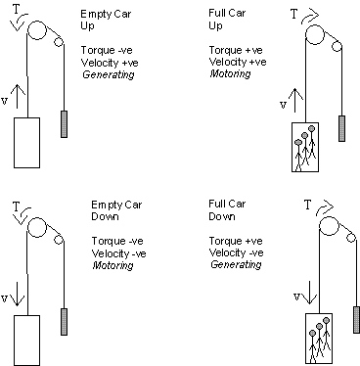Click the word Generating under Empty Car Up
(109, 75)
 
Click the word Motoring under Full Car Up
(230, 73)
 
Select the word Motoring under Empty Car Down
(112, 265)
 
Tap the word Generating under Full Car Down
(236, 264)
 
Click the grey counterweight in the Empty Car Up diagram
(65, 124)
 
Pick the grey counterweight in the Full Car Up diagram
(341, 128)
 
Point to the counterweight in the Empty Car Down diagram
(65, 322)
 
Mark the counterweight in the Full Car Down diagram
(357, 320)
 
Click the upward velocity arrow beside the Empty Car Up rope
(18, 97)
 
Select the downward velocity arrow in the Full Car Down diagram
(309, 293)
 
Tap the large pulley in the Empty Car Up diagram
(37, 30)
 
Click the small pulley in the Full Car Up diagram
(337, 47)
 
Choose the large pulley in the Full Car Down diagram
(329, 226)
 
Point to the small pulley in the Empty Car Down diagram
(59, 240)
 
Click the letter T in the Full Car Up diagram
(294, 14)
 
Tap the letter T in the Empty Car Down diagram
(17, 206)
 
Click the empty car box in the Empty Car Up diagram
(26, 143)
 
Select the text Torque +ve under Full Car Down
(236, 241)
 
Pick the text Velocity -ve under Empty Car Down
(118, 253)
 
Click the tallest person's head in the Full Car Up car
(312, 128)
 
